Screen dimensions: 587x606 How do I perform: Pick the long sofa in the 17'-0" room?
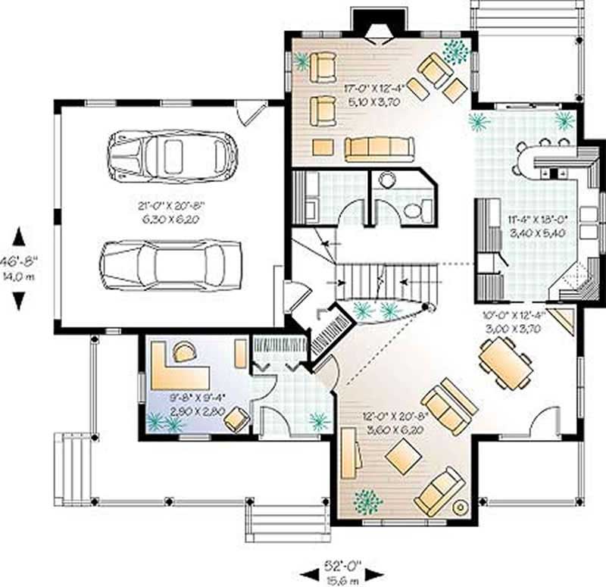379,148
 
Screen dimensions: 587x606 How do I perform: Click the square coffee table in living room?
403,457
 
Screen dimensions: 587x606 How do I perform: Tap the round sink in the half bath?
387,180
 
